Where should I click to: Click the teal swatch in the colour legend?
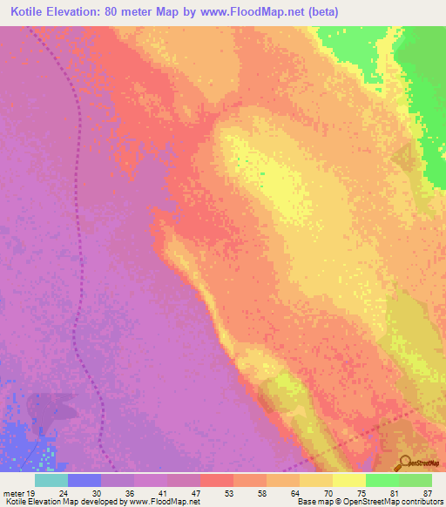pyautogui.click(x=51, y=480)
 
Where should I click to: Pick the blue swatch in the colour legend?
pyautogui.click(x=84, y=480)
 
